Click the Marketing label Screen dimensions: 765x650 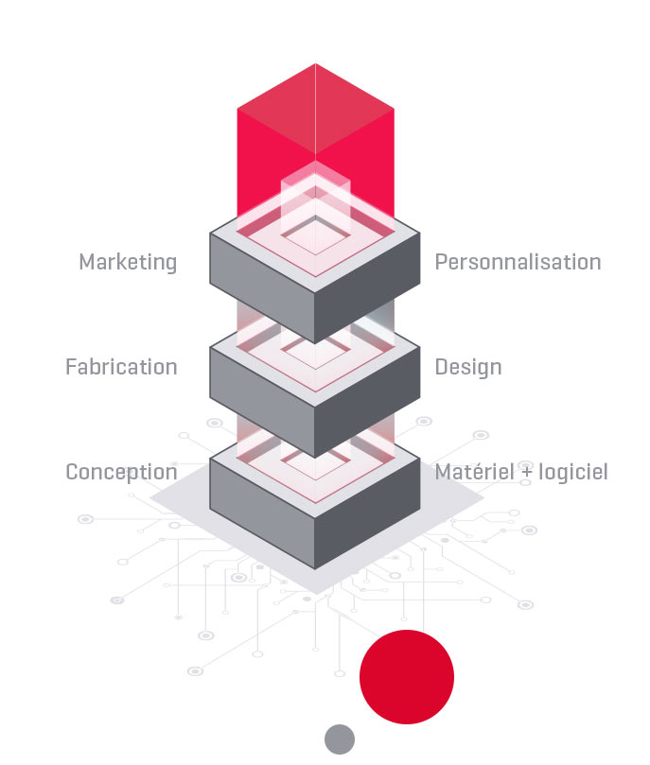(128, 262)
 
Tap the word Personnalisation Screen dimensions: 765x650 (518, 262)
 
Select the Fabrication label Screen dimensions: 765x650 (121, 367)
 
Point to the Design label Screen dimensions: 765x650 (468, 367)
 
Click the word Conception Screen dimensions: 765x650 (121, 472)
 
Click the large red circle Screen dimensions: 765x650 (407, 677)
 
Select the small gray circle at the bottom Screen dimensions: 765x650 (340, 739)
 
